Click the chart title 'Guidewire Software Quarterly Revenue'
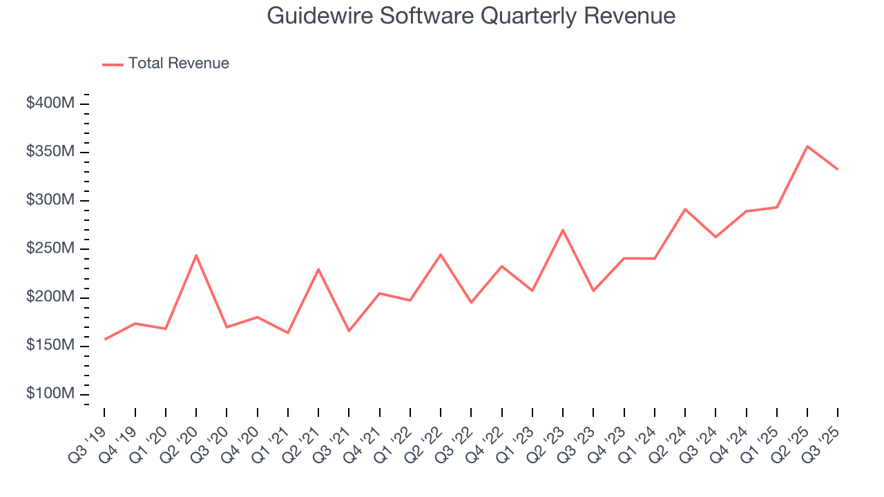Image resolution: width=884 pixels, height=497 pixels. point(471,16)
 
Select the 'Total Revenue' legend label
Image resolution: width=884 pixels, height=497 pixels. point(178,64)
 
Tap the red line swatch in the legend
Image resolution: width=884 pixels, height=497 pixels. point(113,64)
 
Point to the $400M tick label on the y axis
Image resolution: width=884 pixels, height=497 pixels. point(50,104)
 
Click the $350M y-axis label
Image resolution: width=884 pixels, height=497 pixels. point(50,152)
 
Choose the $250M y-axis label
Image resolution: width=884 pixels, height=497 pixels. point(50,248)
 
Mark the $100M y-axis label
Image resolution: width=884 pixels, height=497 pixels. point(50,393)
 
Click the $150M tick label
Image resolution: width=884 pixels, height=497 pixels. point(50,345)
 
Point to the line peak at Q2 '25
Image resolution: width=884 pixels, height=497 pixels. point(807,146)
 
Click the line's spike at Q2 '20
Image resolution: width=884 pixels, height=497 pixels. point(196,255)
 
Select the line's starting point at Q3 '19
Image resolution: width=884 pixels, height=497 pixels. point(105,339)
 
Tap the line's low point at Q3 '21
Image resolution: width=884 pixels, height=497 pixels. point(349,331)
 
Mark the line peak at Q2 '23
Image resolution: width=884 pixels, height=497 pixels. point(563,230)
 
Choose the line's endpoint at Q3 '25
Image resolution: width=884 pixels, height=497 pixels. point(837,168)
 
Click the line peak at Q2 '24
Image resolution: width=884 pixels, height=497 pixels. point(684,209)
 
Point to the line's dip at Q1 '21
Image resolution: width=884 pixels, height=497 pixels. point(288,333)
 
